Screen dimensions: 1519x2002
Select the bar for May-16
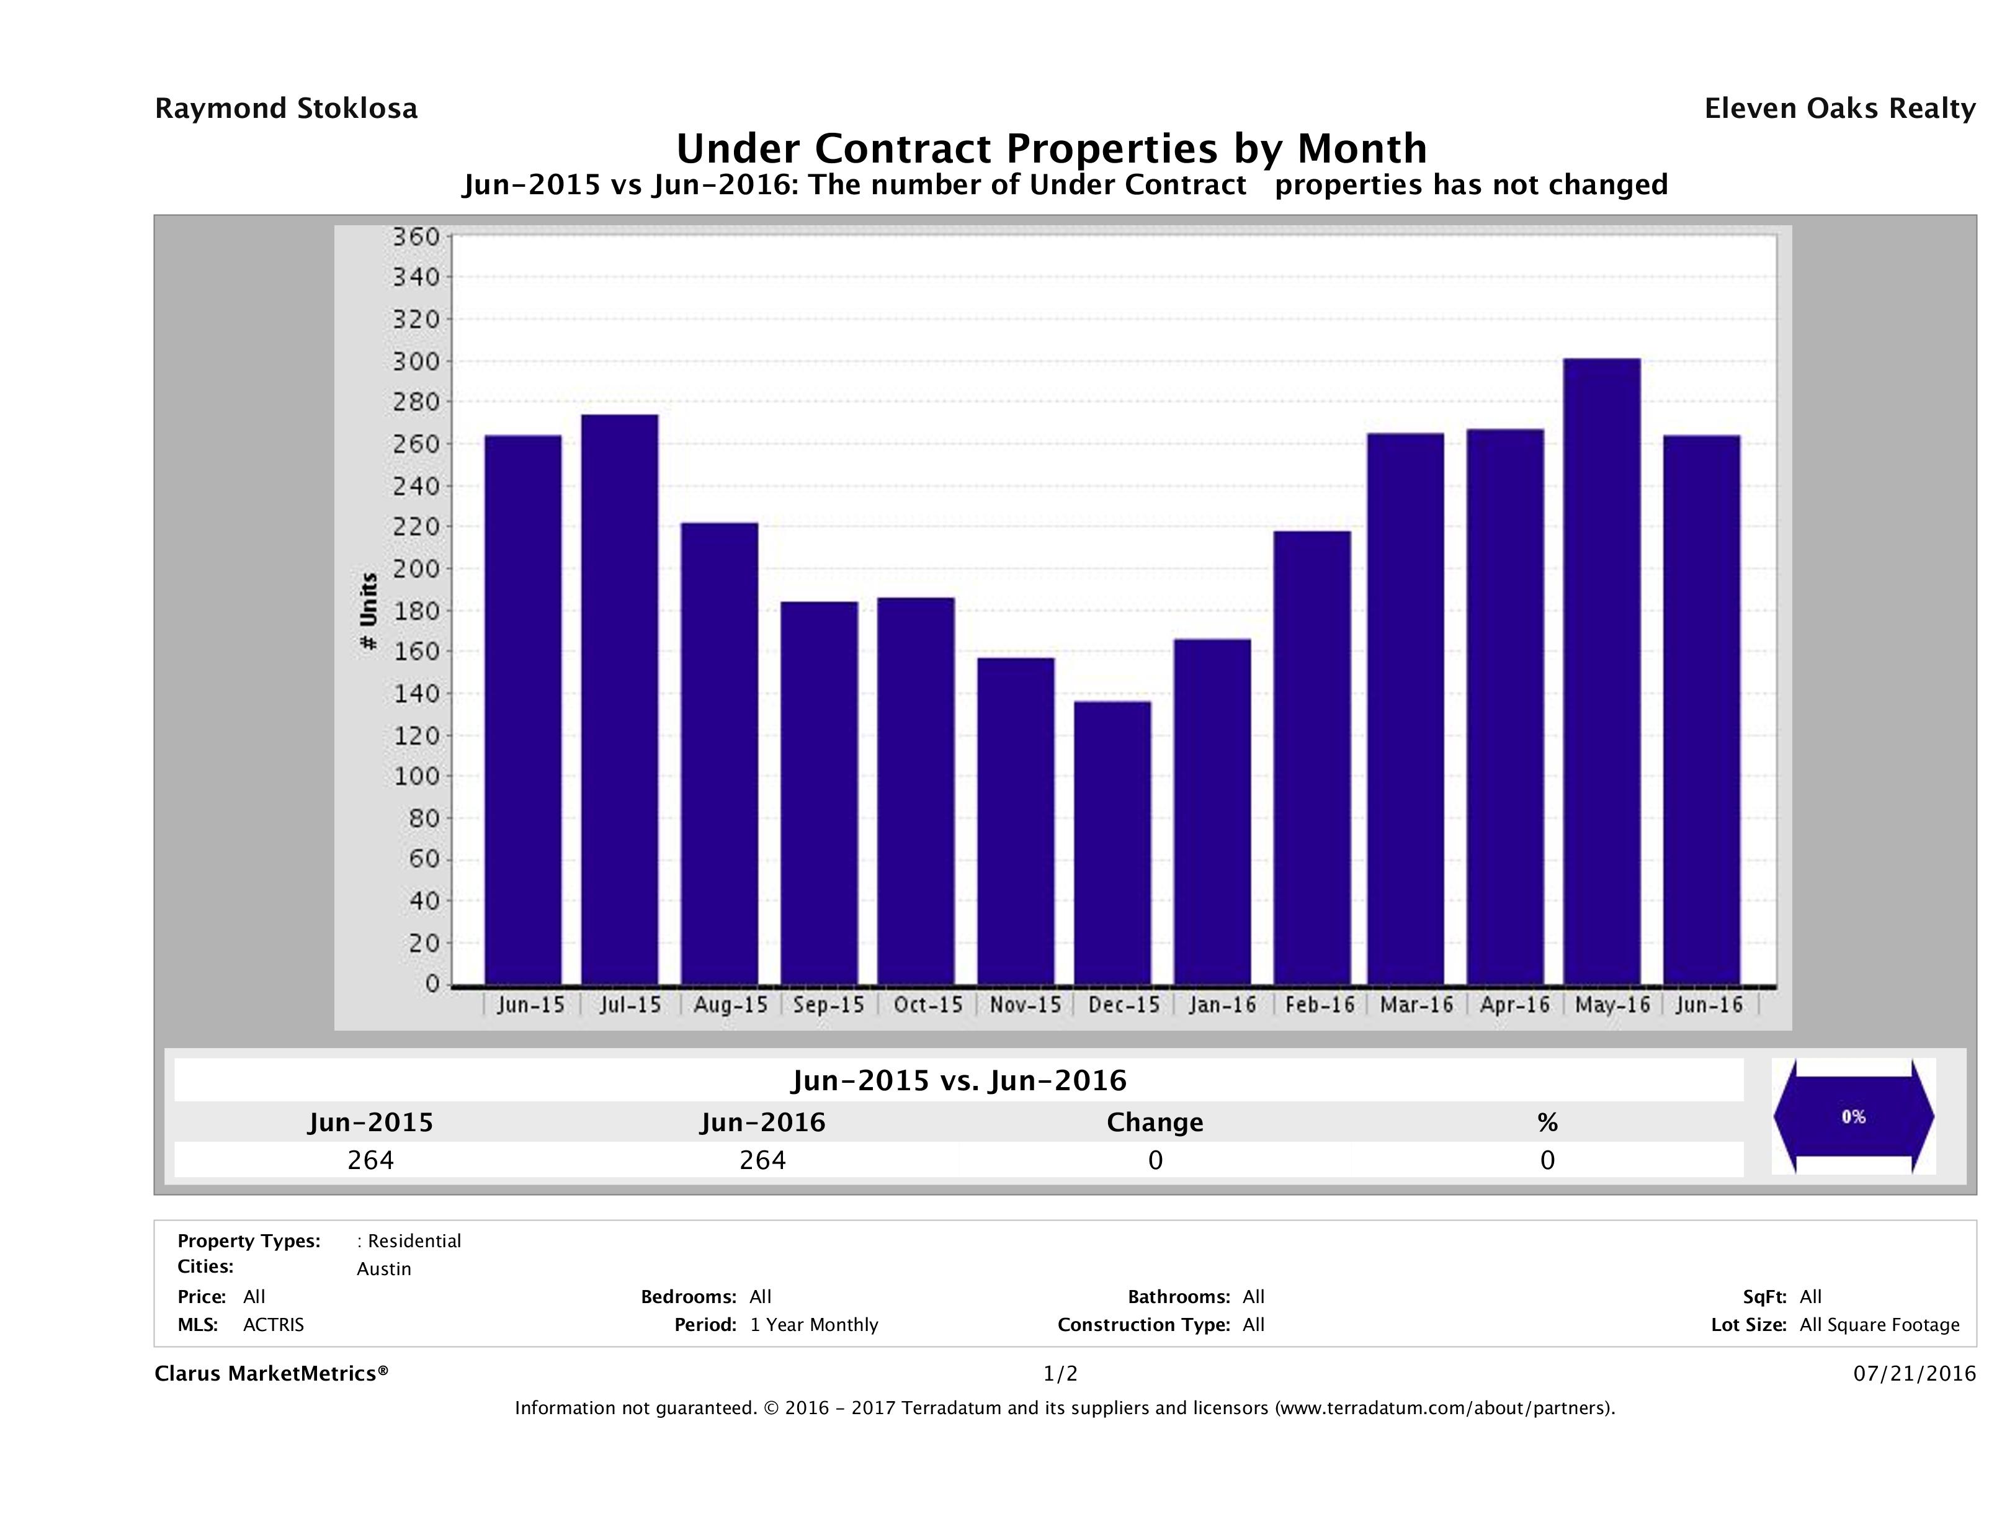[1601, 671]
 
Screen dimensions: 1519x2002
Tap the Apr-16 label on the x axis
[1514, 1005]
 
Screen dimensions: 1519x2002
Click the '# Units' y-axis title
[369, 611]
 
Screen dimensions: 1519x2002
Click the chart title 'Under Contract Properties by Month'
[1051, 148]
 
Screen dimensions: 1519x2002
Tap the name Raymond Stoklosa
[286, 109]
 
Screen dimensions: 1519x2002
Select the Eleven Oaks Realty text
[1839, 109]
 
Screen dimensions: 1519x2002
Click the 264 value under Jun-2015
[370, 1160]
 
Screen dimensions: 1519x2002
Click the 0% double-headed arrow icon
[1852, 1116]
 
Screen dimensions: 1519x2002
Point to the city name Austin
[384, 1269]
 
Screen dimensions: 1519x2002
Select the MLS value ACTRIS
[274, 1324]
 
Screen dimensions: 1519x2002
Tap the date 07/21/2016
[1914, 1373]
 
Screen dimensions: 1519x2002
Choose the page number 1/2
[1060, 1373]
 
